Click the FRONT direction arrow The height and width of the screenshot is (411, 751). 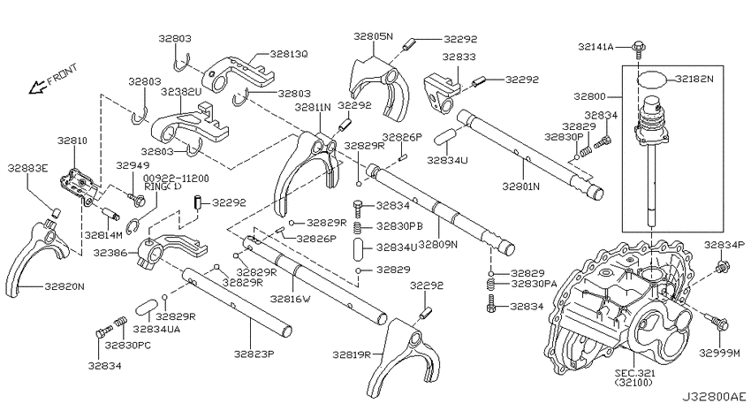(x=36, y=88)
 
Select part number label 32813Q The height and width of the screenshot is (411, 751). (x=289, y=54)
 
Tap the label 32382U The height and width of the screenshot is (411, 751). (x=181, y=92)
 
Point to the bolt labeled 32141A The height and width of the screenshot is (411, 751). (x=639, y=49)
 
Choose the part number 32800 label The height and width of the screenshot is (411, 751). (x=589, y=96)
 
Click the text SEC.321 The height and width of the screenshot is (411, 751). (x=636, y=373)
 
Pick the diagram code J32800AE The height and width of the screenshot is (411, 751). (x=714, y=397)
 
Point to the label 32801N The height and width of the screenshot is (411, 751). (x=521, y=186)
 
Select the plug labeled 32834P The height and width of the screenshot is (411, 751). (x=721, y=266)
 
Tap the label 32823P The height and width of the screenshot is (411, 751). (x=254, y=354)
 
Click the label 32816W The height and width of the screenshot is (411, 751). (x=291, y=299)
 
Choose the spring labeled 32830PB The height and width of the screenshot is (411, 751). (x=358, y=225)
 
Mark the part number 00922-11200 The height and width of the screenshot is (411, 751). (x=177, y=179)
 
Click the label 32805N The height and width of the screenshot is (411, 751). (x=373, y=36)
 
